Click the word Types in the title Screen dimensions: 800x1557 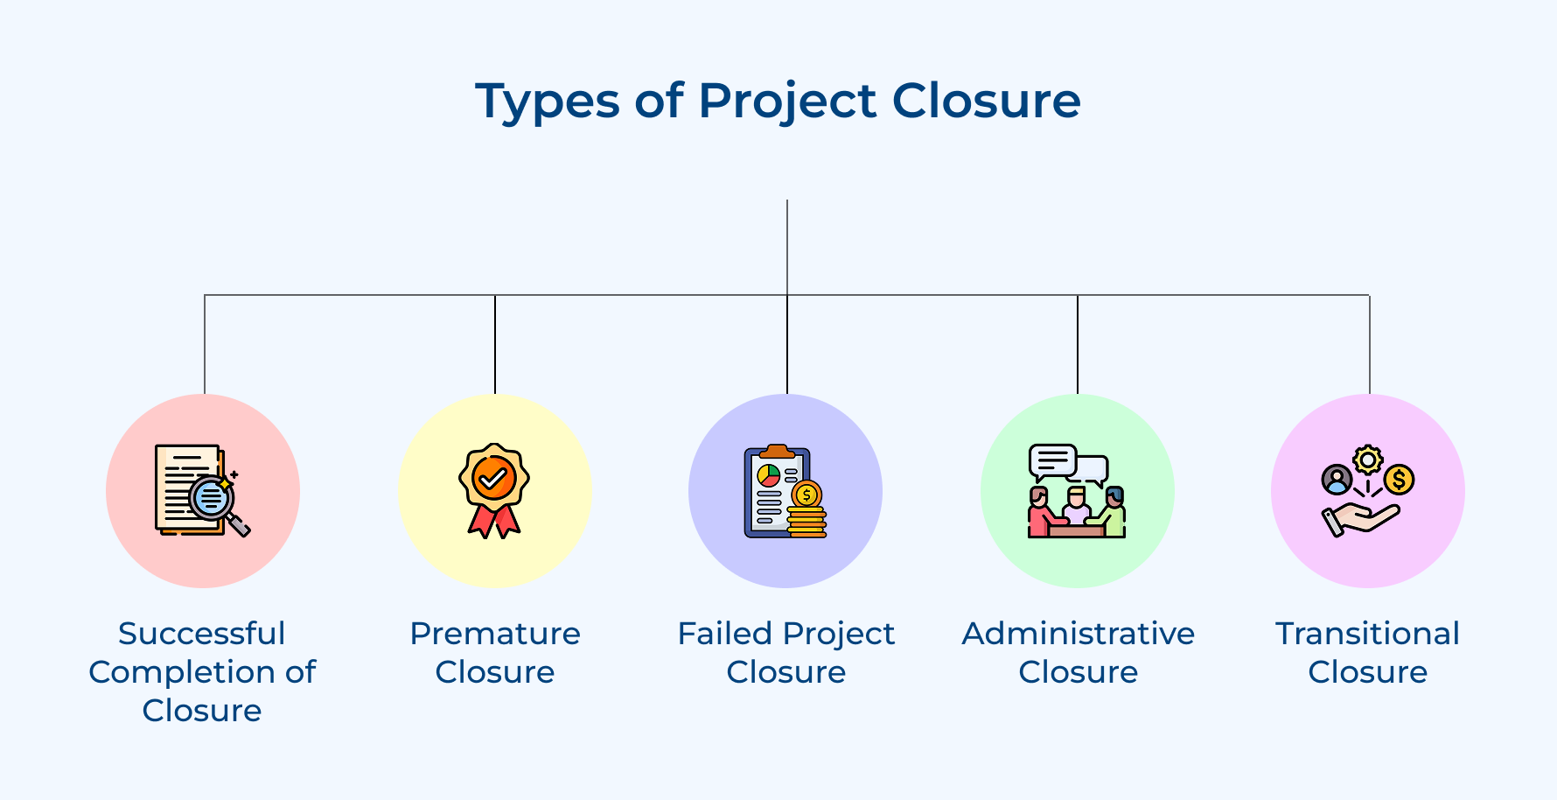pyautogui.click(x=547, y=102)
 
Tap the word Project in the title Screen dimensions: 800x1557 pyautogui.click(x=787, y=102)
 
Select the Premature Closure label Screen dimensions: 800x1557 pyautogui.click(x=495, y=652)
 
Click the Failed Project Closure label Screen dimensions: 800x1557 pyautogui.click(x=786, y=652)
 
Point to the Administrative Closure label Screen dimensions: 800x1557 pyautogui.click(x=1079, y=652)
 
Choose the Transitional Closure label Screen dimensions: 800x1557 pyautogui.click(x=1368, y=652)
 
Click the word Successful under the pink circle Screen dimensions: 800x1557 pyautogui.click(x=202, y=633)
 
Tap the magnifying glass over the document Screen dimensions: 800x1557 pyautogui.click(x=213, y=499)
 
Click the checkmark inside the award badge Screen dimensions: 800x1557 pyautogui.click(x=493, y=478)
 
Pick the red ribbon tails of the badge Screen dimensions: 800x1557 pyautogui.click(x=494, y=521)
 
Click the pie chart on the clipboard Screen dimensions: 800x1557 pyautogui.click(x=769, y=475)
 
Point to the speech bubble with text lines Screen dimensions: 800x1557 pyautogui.click(x=1052, y=460)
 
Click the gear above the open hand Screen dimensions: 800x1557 pyautogui.click(x=1368, y=460)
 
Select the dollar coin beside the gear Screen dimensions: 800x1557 pyautogui.click(x=1399, y=480)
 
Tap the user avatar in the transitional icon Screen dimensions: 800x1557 pyautogui.click(x=1337, y=480)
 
